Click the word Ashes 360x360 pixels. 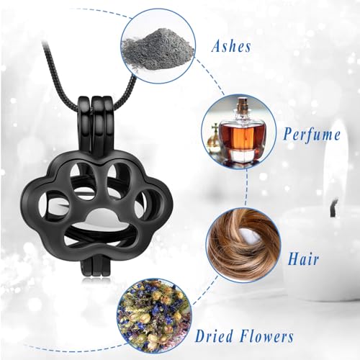click(x=231, y=46)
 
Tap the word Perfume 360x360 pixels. click(x=311, y=135)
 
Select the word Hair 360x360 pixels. click(x=303, y=258)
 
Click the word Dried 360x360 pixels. click(x=215, y=336)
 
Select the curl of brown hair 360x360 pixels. click(x=243, y=246)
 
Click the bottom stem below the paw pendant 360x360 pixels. click(x=95, y=266)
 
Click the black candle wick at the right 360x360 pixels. click(x=334, y=207)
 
